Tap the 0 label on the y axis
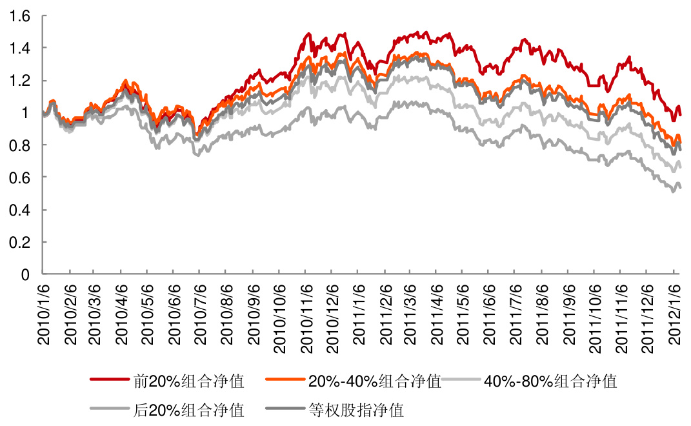pyautogui.click(x=26, y=274)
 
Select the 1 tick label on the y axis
pyautogui.click(x=26, y=113)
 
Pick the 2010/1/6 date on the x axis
pyautogui.click(x=44, y=316)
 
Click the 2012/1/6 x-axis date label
pyautogui.click(x=675, y=316)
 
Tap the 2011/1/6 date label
pyautogui.click(x=359, y=316)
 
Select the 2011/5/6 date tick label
pyautogui.click(x=465, y=316)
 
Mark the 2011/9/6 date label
pyautogui.click(x=570, y=316)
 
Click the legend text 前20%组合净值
pyautogui.click(x=189, y=381)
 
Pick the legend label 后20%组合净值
pyautogui.click(x=189, y=409)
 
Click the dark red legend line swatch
pyautogui.click(x=110, y=381)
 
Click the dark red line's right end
pyautogui.click(x=681, y=114)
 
